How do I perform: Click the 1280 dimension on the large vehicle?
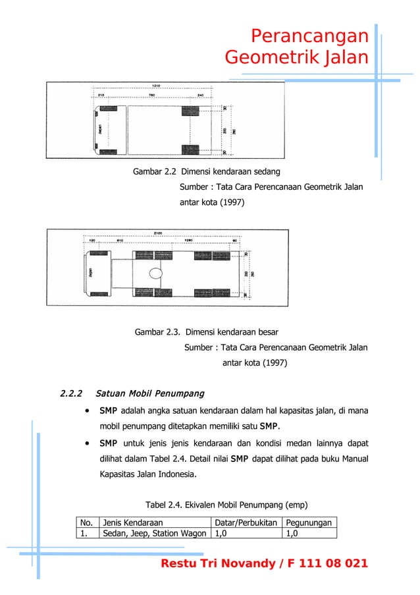point(189,241)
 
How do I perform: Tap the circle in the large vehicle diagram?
point(156,273)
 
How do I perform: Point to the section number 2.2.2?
point(72,394)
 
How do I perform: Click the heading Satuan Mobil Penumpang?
point(149,394)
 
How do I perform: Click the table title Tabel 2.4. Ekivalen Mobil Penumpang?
point(211,505)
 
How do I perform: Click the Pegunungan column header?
point(309,523)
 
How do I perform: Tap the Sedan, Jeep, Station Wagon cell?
point(154,534)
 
